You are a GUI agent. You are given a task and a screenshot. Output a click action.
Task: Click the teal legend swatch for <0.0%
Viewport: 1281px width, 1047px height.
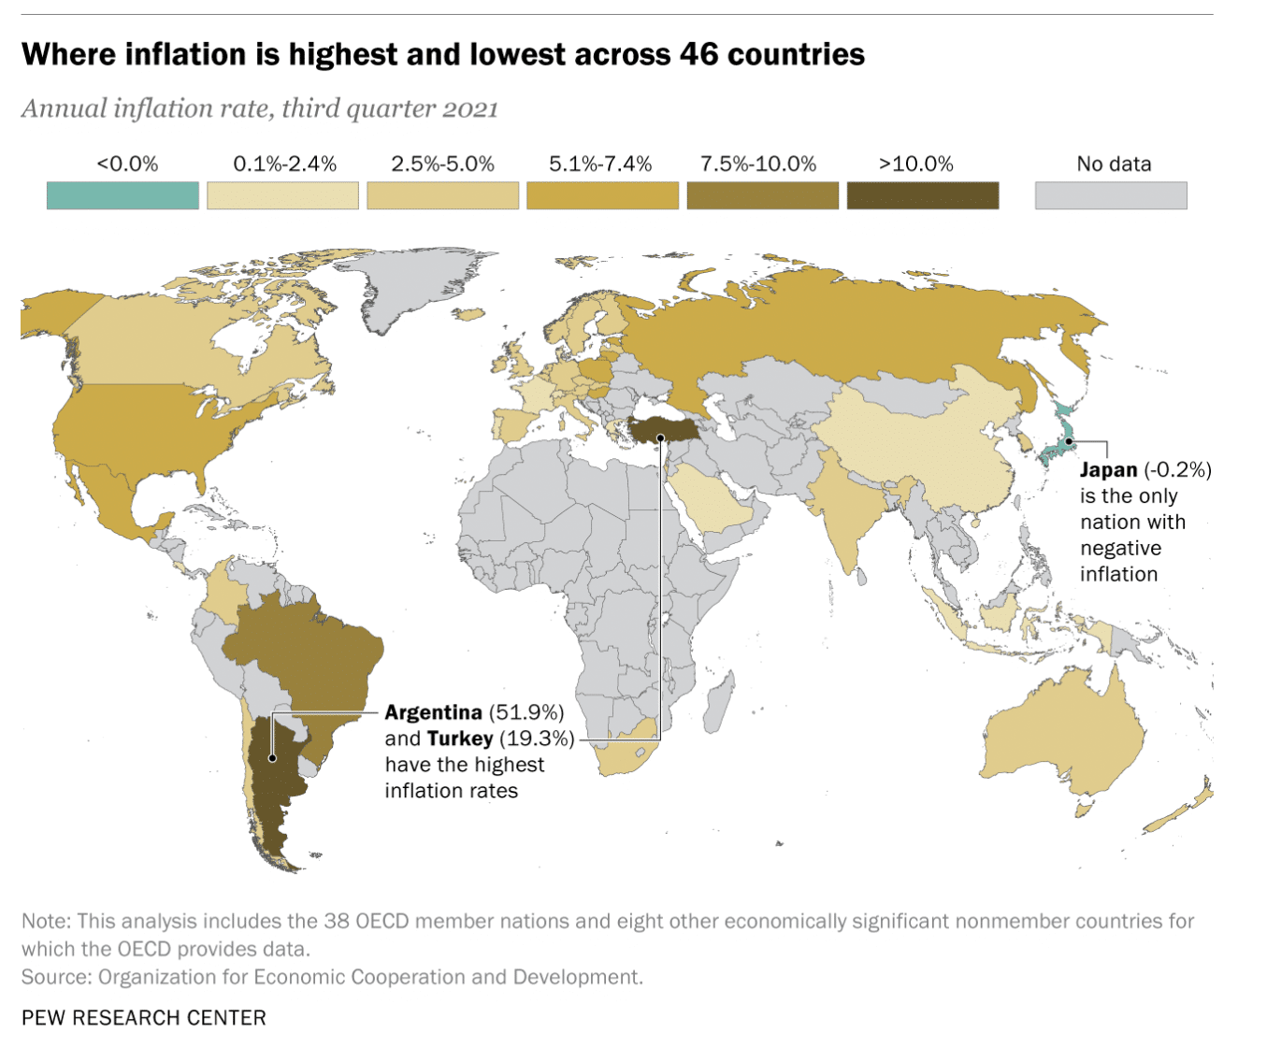click(x=122, y=195)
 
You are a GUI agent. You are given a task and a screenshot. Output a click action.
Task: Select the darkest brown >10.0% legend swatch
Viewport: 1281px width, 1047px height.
click(x=922, y=195)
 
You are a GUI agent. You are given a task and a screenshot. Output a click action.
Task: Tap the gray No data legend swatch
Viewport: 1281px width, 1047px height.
click(x=1111, y=195)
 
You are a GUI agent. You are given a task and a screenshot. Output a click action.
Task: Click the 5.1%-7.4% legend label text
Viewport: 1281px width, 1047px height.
click(x=600, y=165)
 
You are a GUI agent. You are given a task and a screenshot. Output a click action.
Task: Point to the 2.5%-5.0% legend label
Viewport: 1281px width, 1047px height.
click(x=442, y=165)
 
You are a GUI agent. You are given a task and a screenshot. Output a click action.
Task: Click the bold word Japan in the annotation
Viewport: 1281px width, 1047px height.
click(x=1108, y=470)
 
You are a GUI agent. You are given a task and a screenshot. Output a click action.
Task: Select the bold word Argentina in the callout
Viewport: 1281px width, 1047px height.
click(x=433, y=712)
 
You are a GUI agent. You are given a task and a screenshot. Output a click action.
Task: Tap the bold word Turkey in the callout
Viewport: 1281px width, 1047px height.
click(x=460, y=739)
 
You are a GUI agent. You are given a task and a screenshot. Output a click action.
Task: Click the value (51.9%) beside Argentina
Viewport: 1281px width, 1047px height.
click(x=526, y=712)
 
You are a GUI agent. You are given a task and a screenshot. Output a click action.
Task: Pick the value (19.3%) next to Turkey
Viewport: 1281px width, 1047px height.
click(x=537, y=739)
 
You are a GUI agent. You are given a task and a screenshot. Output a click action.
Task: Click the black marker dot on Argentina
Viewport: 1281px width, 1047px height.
click(x=272, y=758)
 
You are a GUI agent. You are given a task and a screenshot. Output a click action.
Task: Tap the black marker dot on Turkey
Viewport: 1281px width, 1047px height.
click(x=660, y=437)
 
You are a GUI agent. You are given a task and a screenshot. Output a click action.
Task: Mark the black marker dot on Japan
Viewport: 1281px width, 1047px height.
click(x=1069, y=440)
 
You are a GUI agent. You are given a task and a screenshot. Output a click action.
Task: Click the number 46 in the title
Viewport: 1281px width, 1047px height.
click(x=698, y=54)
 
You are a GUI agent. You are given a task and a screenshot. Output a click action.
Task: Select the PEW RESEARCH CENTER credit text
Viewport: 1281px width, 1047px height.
click(x=144, y=1017)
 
